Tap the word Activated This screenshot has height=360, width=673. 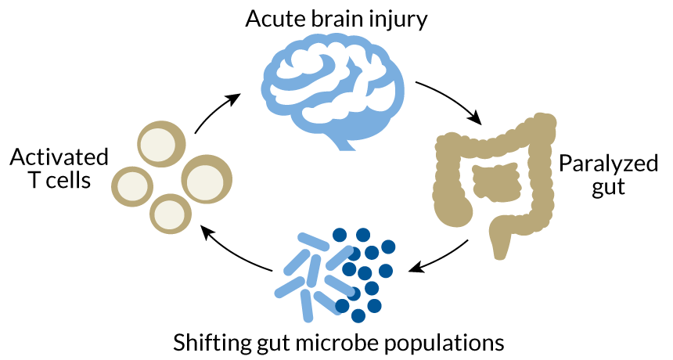pyautogui.click(x=59, y=157)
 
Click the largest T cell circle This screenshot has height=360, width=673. pyautogui.click(x=207, y=179)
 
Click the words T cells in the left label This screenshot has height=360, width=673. pyautogui.click(x=59, y=181)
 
